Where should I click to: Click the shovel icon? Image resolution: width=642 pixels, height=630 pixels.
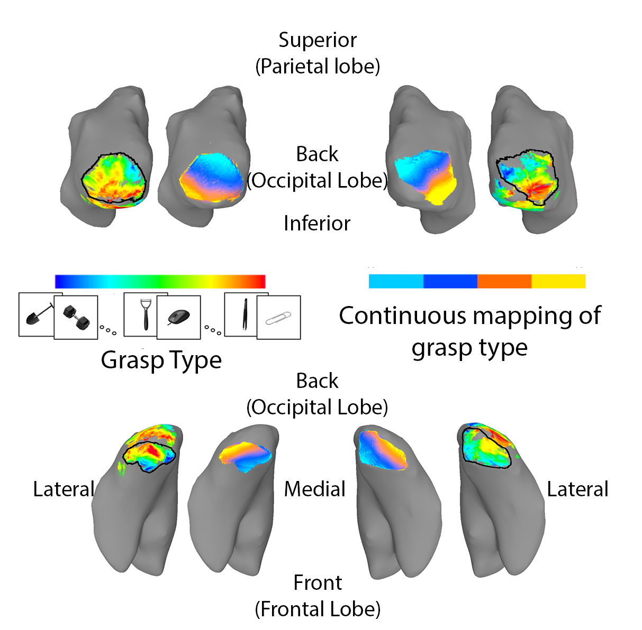(37, 315)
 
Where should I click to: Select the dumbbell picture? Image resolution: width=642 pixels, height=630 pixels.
(76, 317)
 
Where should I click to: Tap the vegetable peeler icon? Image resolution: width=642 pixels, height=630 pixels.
(144, 314)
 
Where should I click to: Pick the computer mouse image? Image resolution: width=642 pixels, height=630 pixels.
(178, 317)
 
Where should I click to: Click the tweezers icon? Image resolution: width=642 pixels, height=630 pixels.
(245, 314)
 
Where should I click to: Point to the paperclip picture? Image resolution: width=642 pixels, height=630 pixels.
(279, 318)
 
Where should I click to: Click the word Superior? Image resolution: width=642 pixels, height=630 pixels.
(318, 40)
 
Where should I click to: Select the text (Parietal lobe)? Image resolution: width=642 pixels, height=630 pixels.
(318, 67)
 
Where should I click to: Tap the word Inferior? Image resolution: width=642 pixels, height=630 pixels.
(317, 224)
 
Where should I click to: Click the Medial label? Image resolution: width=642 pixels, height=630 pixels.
(314, 489)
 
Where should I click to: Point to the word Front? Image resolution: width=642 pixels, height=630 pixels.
(318, 582)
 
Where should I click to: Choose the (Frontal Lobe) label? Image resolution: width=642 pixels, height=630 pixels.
(318, 609)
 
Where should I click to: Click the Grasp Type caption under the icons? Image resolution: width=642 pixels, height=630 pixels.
(161, 360)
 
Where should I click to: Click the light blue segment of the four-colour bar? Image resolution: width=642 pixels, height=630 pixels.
(396, 281)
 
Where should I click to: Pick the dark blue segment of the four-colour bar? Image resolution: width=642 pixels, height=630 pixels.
(450, 281)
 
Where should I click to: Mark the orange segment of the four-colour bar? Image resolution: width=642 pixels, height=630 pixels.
(504, 281)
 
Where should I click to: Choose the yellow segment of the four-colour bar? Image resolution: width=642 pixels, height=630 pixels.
(558, 281)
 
